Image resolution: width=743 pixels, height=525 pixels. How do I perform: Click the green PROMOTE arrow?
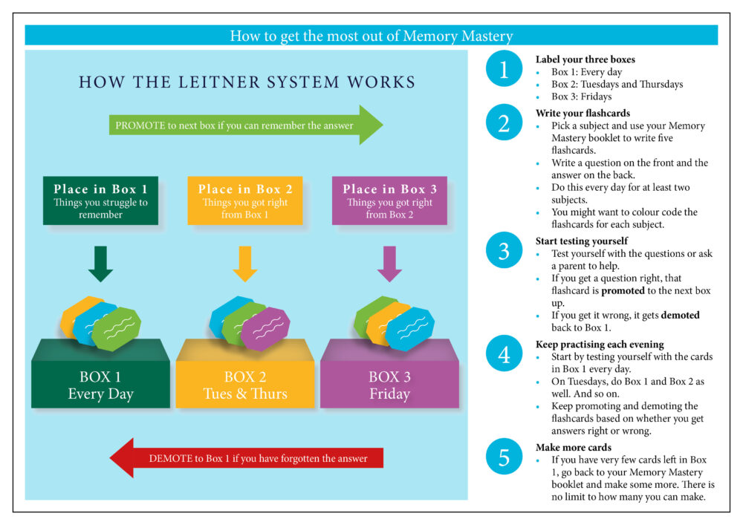(x=245, y=125)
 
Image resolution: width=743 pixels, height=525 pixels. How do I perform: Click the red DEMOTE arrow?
(x=245, y=458)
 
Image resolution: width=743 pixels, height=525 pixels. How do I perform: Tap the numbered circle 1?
(x=504, y=71)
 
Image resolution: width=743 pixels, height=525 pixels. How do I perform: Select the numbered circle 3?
(x=504, y=251)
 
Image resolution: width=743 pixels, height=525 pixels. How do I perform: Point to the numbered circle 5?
(x=504, y=457)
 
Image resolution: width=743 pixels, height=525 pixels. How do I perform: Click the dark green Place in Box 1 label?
(x=100, y=200)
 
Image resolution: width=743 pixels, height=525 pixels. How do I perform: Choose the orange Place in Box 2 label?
(x=245, y=200)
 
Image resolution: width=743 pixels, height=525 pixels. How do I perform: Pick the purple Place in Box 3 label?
(x=389, y=200)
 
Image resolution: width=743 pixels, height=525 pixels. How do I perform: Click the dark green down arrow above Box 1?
(x=100, y=264)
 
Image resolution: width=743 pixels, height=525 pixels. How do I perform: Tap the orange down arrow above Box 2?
(x=245, y=264)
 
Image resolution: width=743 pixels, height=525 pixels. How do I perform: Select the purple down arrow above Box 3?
(x=389, y=264)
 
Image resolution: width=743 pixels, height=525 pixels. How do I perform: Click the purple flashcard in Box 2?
(x=266, y=328)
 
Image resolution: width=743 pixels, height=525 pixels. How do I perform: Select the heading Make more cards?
(x=574, y=448)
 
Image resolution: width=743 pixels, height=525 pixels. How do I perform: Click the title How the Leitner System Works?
(x=247, y=82)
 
